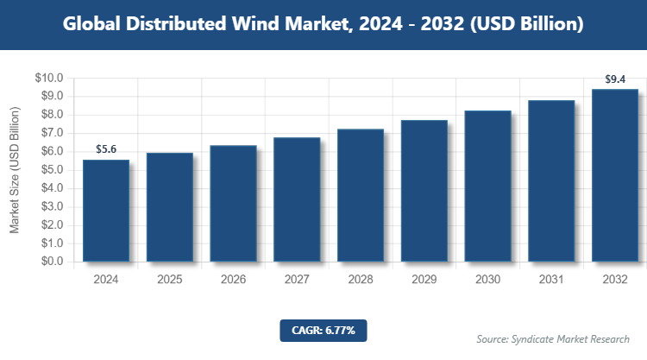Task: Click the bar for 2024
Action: click(106, 211)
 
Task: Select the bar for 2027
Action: click(297, 199)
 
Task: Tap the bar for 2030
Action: click(487, 186)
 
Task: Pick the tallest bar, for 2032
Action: click(615, 175)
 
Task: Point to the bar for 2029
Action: click(424, 191)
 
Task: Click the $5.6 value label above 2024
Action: click(106, 149)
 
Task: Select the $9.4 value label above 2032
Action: click(615, 79)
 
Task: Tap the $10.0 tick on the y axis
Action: click(49, 78)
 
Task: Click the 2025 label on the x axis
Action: click(170, 280)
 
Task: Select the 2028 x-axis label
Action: click(361, 280)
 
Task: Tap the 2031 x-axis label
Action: click(551, 280)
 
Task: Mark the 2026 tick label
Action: click(233, 280)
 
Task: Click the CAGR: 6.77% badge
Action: click(323, 331)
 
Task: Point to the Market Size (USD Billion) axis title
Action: click(15, 170)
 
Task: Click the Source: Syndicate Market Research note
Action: click(553, 338)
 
